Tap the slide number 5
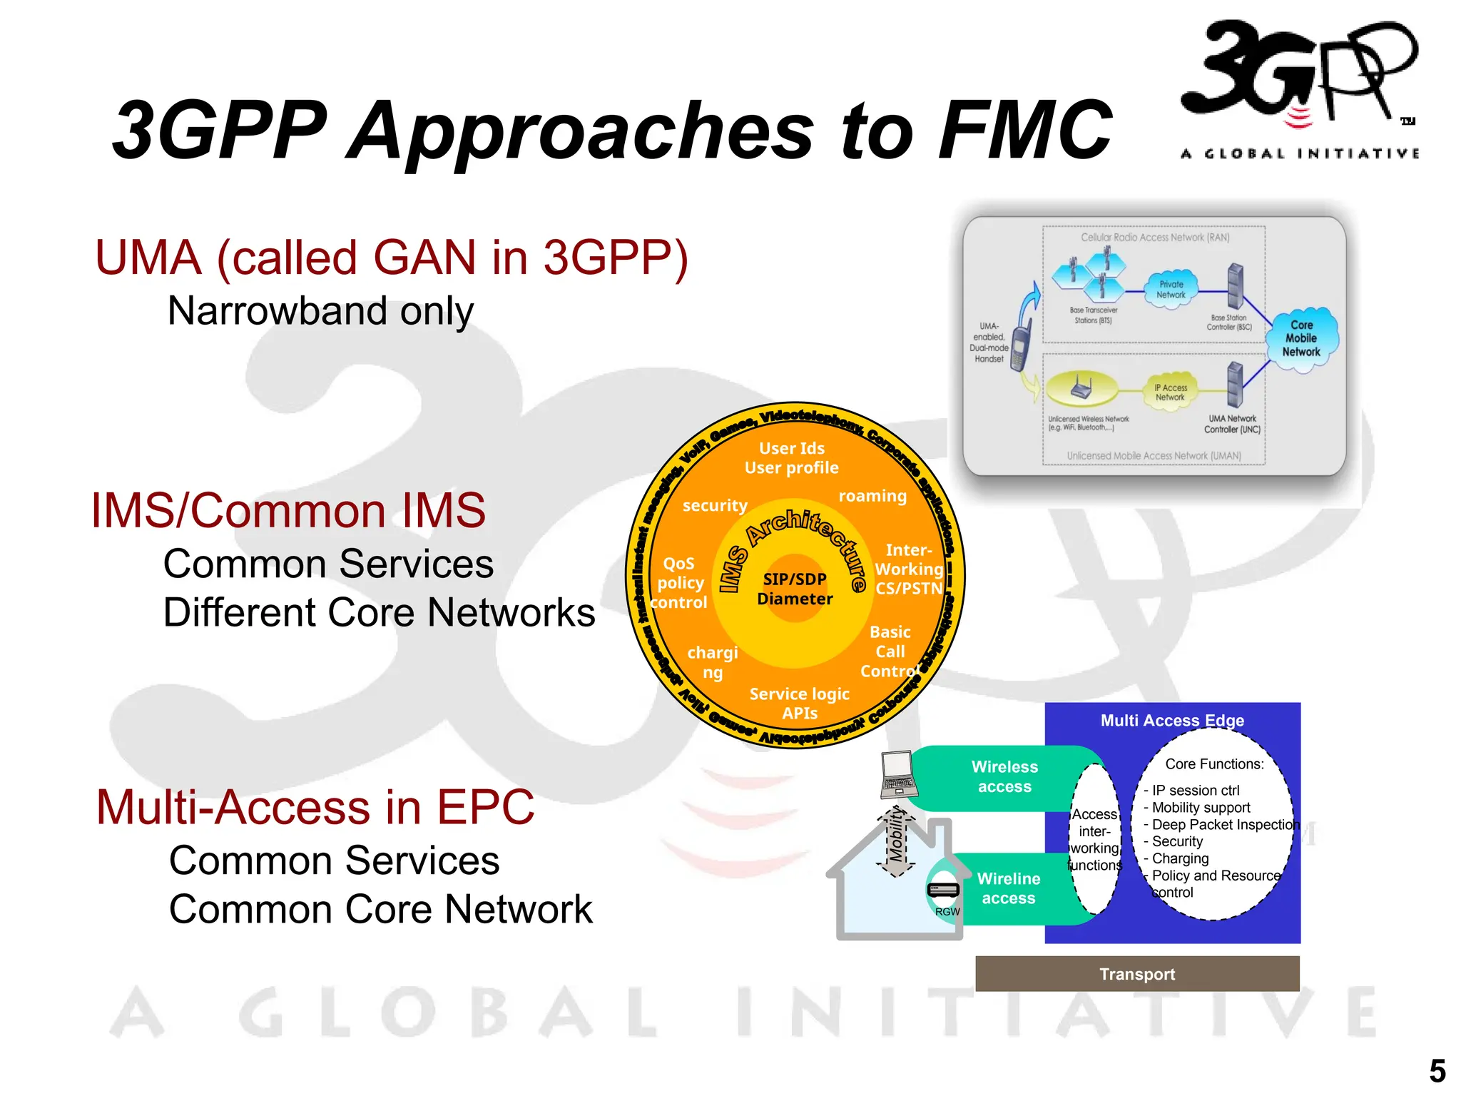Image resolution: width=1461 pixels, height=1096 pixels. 1437,1071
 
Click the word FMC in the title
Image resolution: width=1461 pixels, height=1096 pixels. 1025,130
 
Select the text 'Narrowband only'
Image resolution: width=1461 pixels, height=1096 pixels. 320,311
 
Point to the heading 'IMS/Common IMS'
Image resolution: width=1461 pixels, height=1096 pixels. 288,511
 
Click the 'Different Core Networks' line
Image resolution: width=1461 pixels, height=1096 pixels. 379,613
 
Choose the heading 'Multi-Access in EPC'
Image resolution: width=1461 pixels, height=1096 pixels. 315,807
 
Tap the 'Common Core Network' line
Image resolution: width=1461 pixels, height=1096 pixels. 380,910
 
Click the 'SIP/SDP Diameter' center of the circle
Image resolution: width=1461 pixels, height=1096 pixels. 795,589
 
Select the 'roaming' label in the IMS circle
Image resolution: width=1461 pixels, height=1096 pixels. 872,496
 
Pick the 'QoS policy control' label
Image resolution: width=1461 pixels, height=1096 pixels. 680,583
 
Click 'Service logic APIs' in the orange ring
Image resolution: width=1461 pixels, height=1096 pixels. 800,703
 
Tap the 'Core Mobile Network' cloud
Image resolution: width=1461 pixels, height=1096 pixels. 1301,338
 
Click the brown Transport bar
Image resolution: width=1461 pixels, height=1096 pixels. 1137,974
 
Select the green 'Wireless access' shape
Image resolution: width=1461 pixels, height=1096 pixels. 1004,776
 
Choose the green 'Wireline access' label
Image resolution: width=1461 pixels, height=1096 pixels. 1009,888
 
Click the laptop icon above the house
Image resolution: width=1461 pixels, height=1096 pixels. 899,775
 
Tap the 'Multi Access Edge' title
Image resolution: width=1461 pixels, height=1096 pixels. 1172,721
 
